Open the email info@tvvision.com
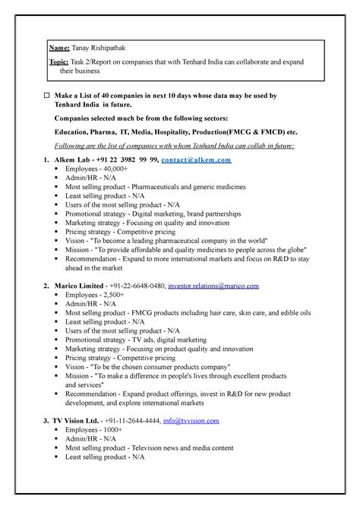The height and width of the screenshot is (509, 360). click(x=191, y=420)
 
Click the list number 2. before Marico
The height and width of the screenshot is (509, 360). click(x=48, y=285)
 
